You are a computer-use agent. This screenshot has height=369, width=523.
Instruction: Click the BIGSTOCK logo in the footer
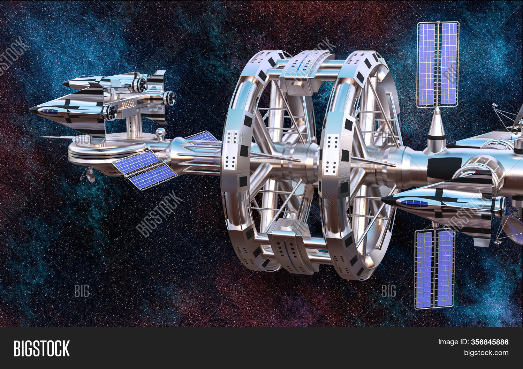pyautogui.click(x=41, y=348)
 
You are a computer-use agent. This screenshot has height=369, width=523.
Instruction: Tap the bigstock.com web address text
pyautogui.click(x=486, y=353)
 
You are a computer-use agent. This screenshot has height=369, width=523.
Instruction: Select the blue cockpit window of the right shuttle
pyautogui.click(x=414, y=203)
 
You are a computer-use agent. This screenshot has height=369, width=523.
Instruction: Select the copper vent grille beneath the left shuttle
pyautogui.click(x=128, y=105)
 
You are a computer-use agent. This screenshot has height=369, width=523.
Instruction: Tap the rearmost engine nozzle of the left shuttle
pyautogui.click(x=169, y=98)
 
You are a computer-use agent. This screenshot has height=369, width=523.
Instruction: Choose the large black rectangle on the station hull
pyautogui.click(x=445, y=168)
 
